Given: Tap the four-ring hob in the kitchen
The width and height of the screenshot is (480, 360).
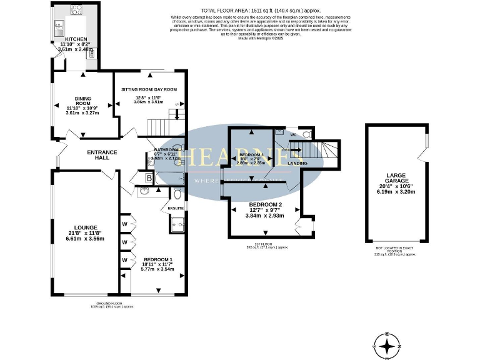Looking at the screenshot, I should click(x=77, y=9).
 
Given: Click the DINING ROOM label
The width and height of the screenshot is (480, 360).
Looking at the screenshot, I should click(x=82, y=100).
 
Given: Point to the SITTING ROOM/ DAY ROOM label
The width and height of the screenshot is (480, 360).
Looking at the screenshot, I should click(x=148, y=89).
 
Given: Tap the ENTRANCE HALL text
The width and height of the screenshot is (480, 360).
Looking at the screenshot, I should click(x=98, y=154).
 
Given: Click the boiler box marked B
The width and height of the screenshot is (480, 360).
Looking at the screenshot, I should click(x=149, y=179).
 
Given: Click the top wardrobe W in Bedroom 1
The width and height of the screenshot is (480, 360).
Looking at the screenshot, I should click(x=125, y=223).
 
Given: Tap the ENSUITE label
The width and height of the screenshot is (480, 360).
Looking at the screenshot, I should click(x=176, y=207).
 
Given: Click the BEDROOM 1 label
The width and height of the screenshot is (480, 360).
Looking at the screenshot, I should click(x=157, y=259).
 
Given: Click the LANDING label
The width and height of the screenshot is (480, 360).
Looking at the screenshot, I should click(x=297, y=163).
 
